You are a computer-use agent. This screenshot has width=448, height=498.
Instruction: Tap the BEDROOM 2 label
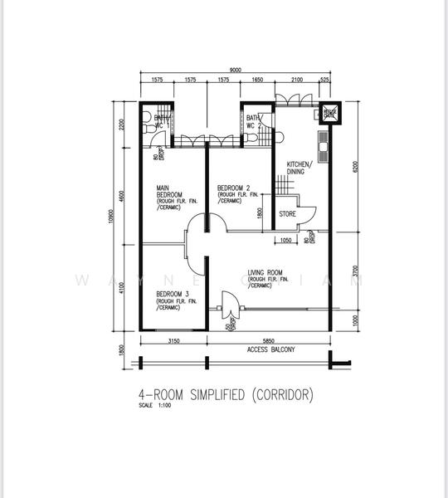(235, 188)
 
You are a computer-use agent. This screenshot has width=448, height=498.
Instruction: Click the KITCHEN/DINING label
(299, 168)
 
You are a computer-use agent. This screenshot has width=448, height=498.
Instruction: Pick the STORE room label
(287, 214)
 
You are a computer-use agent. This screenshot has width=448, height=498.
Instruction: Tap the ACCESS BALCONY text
(270, 349)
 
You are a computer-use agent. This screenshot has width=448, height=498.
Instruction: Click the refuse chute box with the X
(329, 113)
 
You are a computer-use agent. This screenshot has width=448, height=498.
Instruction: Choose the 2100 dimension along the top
(296, 81)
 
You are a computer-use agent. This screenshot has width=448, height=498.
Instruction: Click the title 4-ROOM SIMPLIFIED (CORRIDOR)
(226, 395)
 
